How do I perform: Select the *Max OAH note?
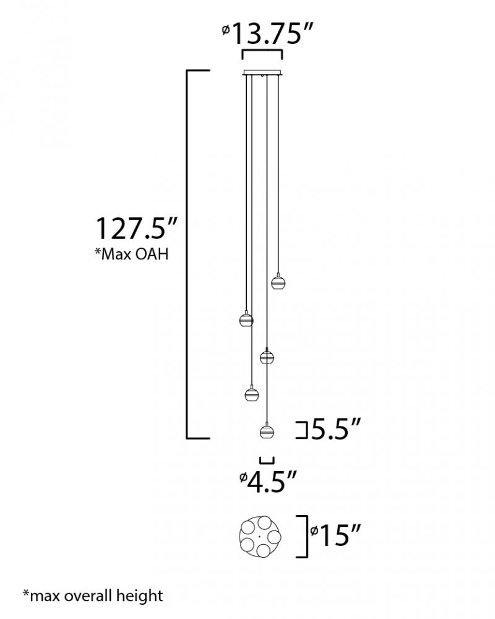131,254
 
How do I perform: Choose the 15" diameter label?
335,535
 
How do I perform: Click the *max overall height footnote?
93,595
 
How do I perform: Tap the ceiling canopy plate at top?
262,72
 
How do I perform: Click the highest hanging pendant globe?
278,282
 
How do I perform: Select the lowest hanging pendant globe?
267,431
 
